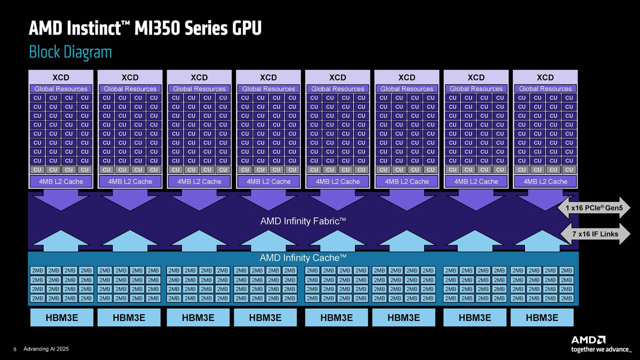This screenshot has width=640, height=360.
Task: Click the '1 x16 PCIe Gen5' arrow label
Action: point(594,208)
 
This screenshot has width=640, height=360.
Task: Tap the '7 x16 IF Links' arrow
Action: point(595,234)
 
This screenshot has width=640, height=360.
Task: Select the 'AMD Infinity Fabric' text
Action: point(303,221)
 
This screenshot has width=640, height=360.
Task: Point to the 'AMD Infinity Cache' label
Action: point(303,258)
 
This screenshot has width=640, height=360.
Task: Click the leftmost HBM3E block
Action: point(62,318)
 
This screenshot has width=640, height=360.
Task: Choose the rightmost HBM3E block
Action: point(542,318)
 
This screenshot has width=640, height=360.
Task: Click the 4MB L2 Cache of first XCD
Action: point(61,182)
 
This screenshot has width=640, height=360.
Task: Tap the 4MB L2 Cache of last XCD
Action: point(545,182)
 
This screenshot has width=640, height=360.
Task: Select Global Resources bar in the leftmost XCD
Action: point(61,89)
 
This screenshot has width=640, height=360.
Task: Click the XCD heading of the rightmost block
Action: point(545,77)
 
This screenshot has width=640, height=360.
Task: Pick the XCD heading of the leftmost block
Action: point(61,77)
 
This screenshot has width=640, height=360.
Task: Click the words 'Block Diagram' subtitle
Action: point(70,52)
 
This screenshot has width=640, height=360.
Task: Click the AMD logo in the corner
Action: point(588,340)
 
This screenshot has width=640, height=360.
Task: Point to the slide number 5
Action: point(15,349)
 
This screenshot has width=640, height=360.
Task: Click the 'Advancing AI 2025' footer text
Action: point(46,349)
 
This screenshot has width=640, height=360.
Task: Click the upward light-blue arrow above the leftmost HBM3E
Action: point(61,241)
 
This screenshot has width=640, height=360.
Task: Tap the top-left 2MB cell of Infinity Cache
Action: point(37,271)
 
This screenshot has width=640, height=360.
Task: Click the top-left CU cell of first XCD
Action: point(37,98)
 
